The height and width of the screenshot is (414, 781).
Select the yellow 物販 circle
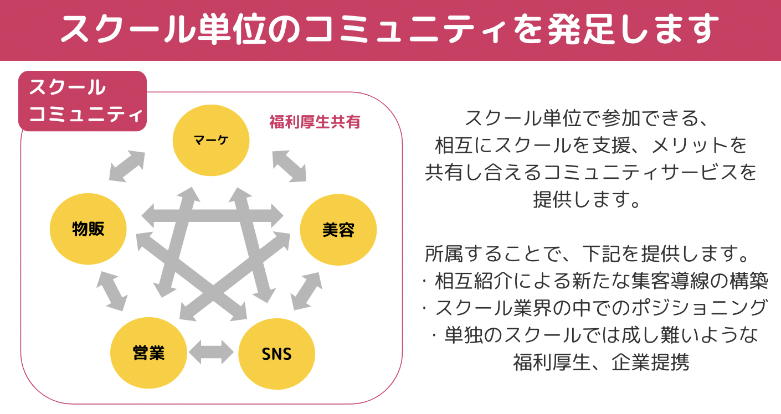click(88, 229)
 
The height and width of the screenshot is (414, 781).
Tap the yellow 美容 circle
click(338, 230)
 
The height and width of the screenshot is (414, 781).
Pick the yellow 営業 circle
click(148, 353)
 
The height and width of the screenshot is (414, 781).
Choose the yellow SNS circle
click(276, 354)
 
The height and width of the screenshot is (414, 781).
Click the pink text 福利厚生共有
click(315, 122)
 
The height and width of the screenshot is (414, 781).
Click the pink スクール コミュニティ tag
click(83, 101)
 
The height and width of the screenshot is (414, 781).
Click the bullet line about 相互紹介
click(595, 281)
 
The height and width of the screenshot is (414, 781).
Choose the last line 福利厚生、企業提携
click(601, 363)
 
